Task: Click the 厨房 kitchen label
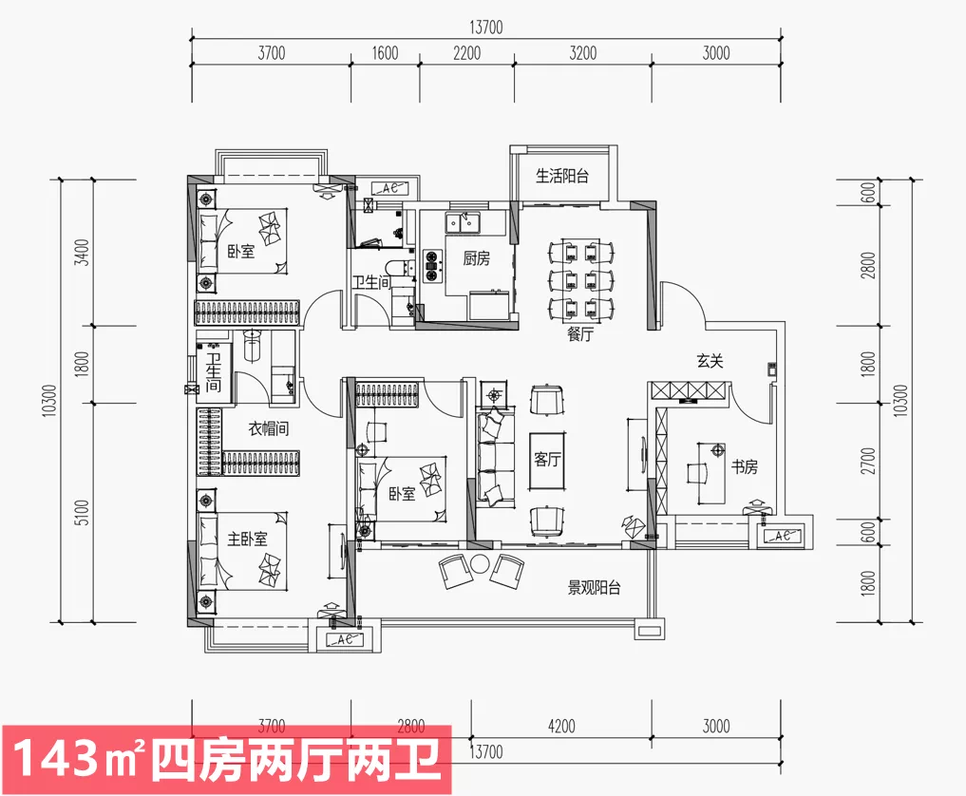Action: coord(476,257)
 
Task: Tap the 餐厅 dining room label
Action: coord(579,334)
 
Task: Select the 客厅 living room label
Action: coord(547,460)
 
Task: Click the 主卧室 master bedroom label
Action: coord(247,539)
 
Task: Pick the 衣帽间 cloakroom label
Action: coord(269,429)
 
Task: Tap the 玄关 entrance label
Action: coord(710,360)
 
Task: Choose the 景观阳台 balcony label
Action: coord(594,588)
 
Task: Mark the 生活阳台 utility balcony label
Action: coord(562,176)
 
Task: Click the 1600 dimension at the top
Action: coord(385,53)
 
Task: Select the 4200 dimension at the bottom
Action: coord(561,727)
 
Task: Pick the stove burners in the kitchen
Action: coord(431,265)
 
